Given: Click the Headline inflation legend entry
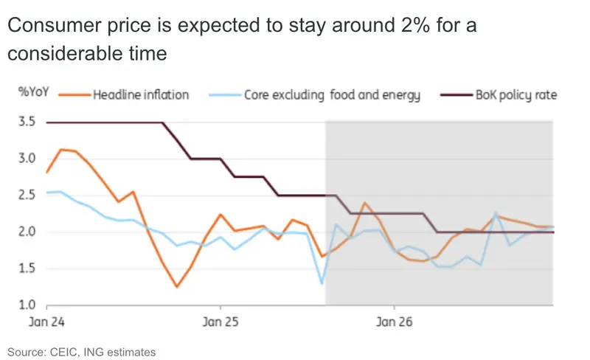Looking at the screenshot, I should pyautogui.click(x=140, y=95).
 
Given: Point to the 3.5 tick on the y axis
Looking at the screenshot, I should pyautogui.click(x=27, y=122).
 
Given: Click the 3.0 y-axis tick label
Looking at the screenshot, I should pyautogui.click(x=27, y=159).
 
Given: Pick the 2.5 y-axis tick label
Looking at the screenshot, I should pyautogui.click(x=27, y=195).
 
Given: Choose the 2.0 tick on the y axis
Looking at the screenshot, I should pyautogui.click(x=27, y=232).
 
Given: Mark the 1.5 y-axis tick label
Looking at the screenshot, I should pyautogui.click(x=27, y=269).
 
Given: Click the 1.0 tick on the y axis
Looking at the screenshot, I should pyautogui.click(x=27, y=305).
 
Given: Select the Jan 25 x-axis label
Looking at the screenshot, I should pyautogui.click(x=221, y=322).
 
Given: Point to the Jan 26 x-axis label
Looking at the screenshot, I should pyautogui.click(x=395, y=322).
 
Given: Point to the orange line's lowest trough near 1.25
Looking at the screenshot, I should pyautogui.click(x=177, y=286).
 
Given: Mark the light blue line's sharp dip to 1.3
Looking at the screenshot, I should pyautogui.click(x=322, y=283).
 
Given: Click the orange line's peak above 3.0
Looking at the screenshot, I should pyautogui.click(x=61, y=150).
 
